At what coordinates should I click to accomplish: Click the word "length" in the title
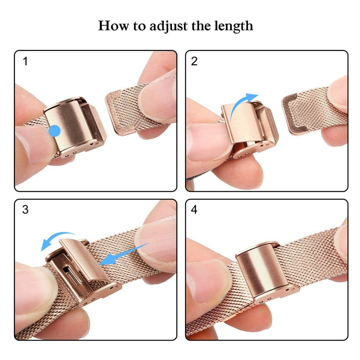(232, 26)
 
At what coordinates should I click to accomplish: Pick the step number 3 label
(25, 210)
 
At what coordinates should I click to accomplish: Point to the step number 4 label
(194, 210)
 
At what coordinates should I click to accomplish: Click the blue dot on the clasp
(54, 131)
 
